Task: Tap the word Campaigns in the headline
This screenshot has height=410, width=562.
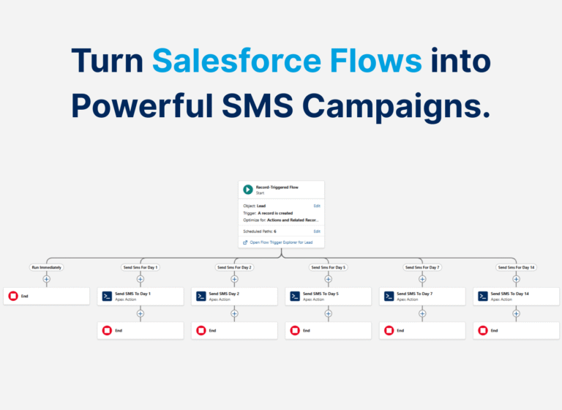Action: click(x=396, y=106)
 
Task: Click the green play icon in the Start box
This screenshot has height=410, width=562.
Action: click(x=248, y=190)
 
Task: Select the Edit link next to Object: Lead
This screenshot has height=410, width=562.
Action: click(x=317, y=206)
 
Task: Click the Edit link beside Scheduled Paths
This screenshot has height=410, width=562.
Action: click(x=317, y=231)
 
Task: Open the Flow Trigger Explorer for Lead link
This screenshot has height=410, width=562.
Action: click(x=281, y=242)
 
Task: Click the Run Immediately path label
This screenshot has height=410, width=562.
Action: click(x=46, y=267)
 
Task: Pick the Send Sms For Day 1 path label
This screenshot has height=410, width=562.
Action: click(x=140, y=267)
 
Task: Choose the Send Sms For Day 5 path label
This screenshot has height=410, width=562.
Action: click(x=328, y=267)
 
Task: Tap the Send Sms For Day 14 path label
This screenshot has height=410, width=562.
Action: click(x=516, y=267)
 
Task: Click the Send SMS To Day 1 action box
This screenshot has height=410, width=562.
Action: click(x=140, y=296)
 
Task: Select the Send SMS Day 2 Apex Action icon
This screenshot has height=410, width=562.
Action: click(x=201, y=296)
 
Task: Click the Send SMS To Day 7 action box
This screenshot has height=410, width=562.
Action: click(x=422, y=296)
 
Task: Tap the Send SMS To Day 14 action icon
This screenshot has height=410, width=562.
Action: click(x=483, y=296)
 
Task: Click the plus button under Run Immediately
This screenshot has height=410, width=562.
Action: click(x=46, y=279)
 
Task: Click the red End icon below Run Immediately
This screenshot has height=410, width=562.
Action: click(x=12, y=296)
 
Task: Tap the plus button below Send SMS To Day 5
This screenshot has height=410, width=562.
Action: click(x=328, y=313)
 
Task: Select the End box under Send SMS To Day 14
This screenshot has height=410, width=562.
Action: click(x=516, y=330)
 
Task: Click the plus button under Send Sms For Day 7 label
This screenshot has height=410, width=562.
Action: click(x=422, y=279)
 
